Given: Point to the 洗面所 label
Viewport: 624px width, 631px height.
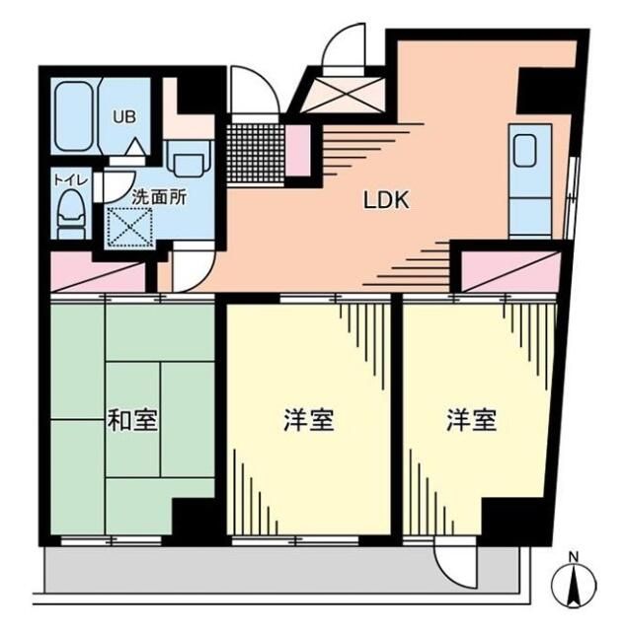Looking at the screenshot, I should click(x=158, y=194).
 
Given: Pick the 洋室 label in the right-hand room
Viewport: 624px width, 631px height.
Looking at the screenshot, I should click(x=470, y=421).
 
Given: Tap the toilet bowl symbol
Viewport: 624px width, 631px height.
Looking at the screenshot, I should click(x=70, y=214).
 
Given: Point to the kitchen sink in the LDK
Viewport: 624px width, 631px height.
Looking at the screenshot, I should click(x=524, y=151).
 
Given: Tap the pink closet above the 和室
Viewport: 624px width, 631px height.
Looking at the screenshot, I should click(x=96, y=274).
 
